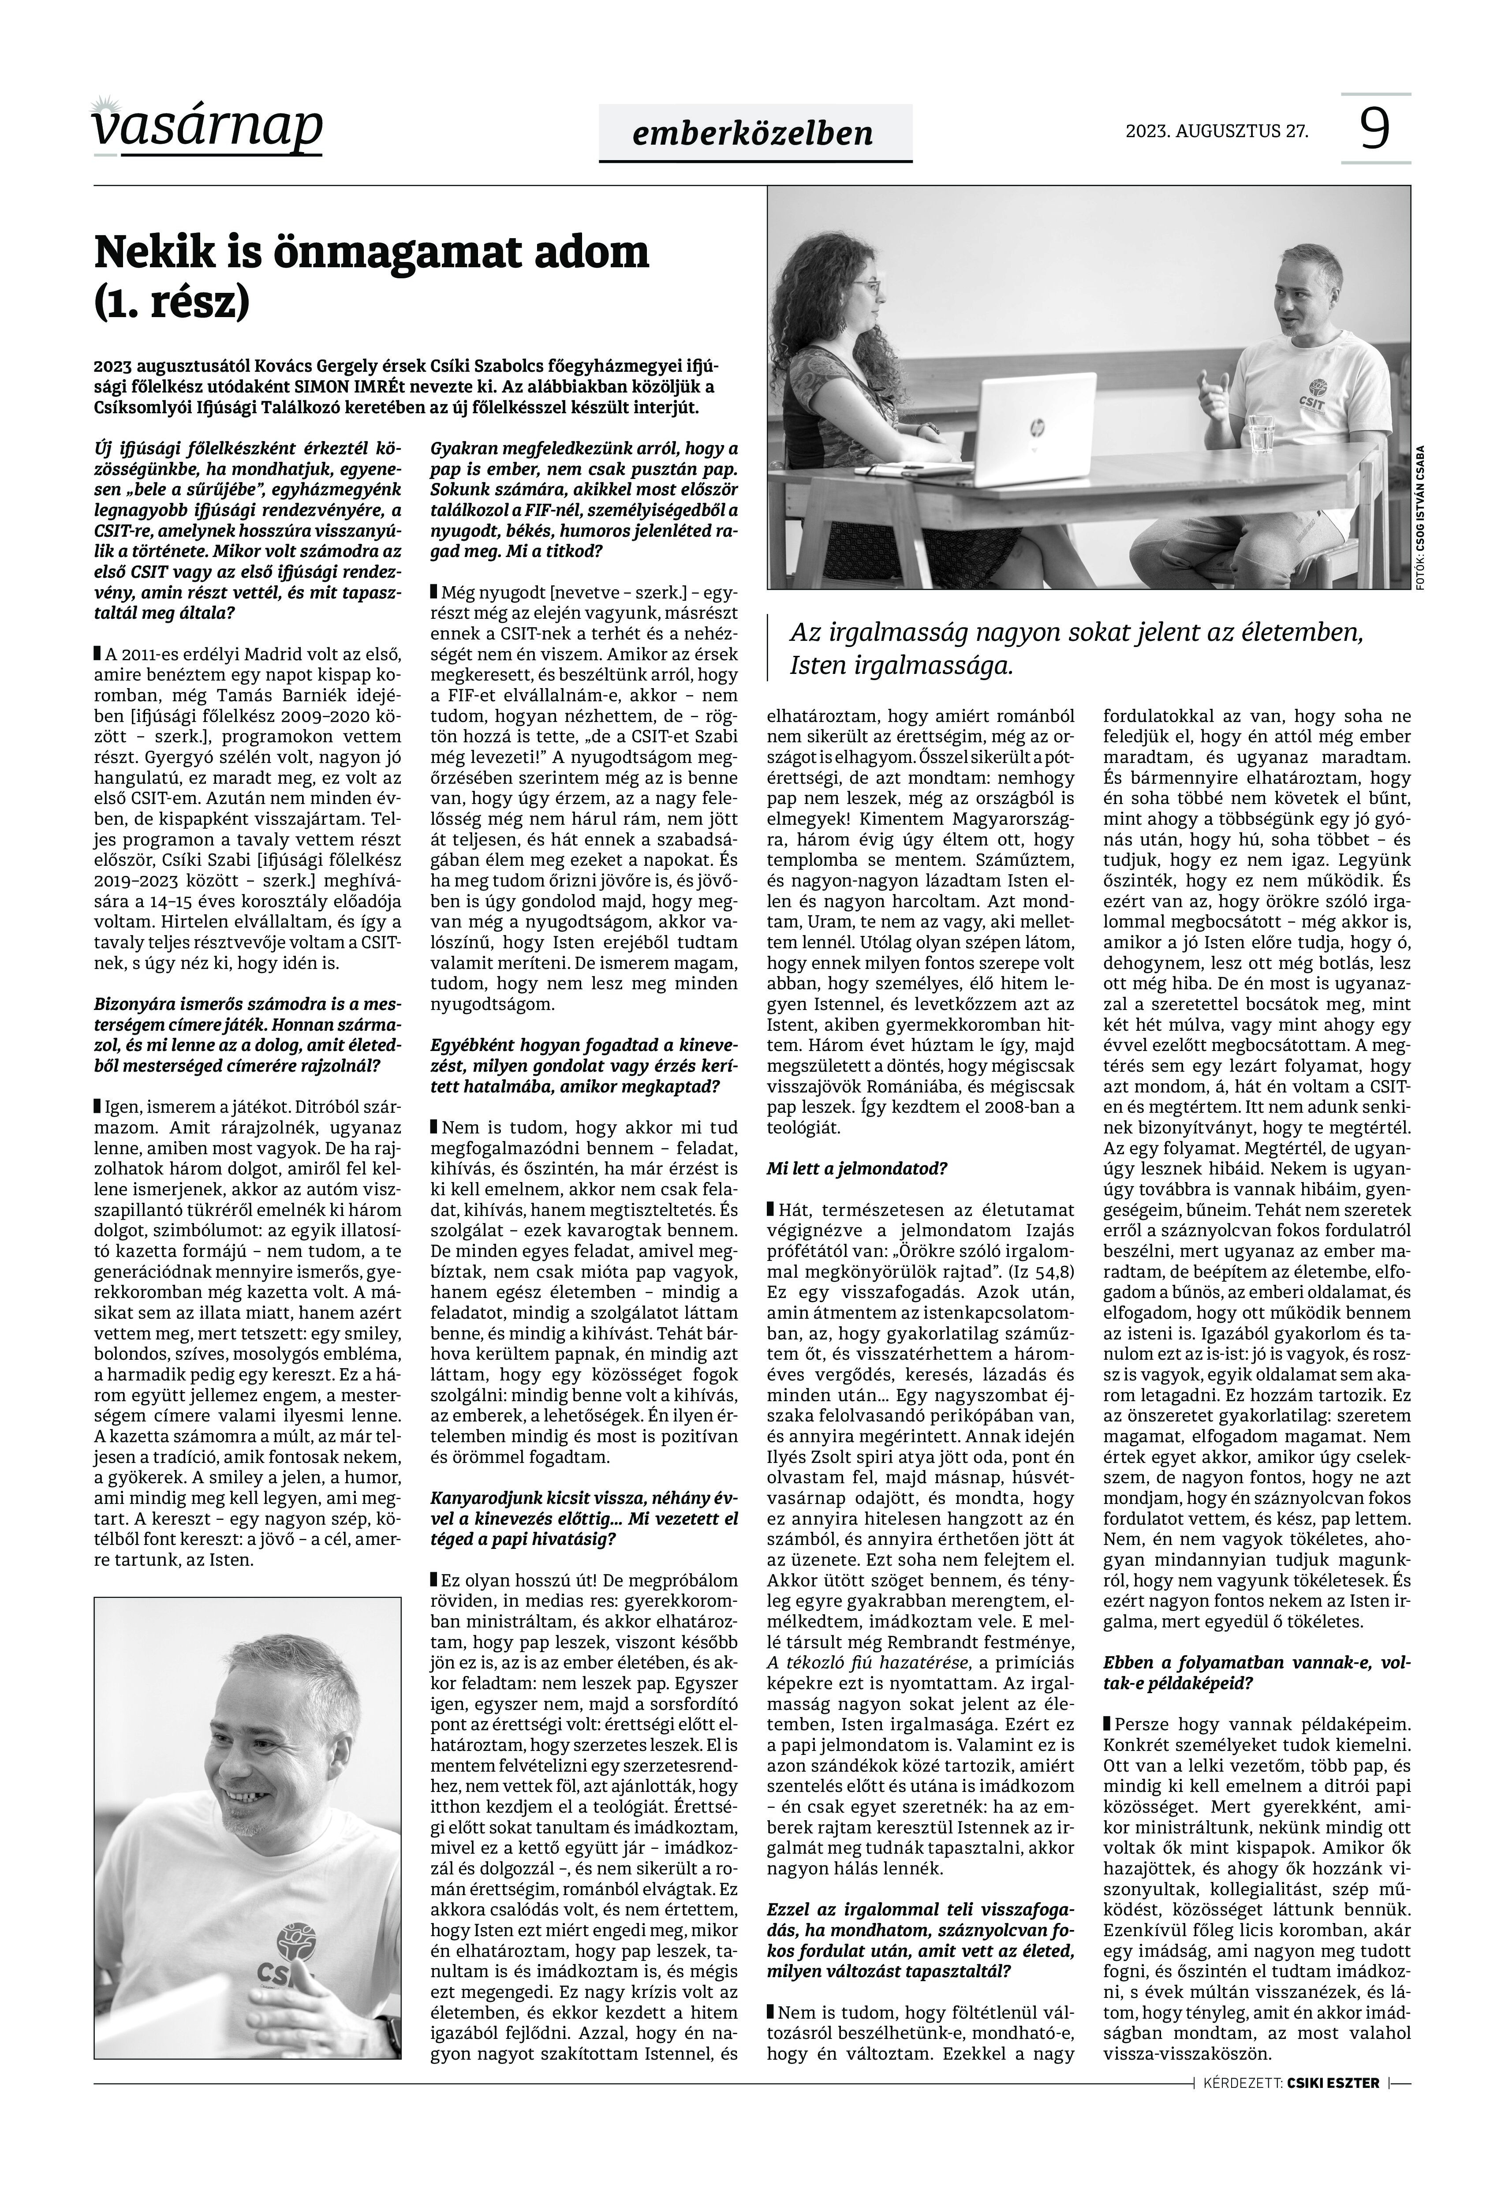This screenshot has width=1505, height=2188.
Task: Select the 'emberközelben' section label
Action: coord(754,133)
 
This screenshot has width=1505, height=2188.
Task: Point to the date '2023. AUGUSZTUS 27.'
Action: coord(1217,131)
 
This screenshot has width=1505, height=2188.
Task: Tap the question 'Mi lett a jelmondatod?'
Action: coord(856,1168)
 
